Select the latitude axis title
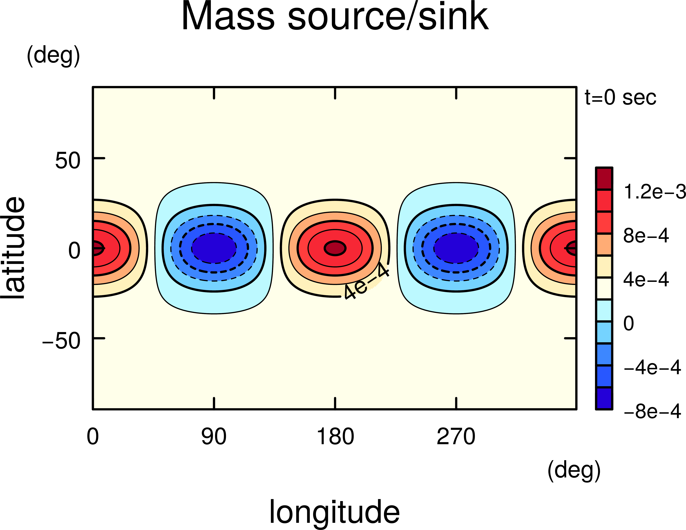click(13, 248)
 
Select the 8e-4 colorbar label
click(646, 236)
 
